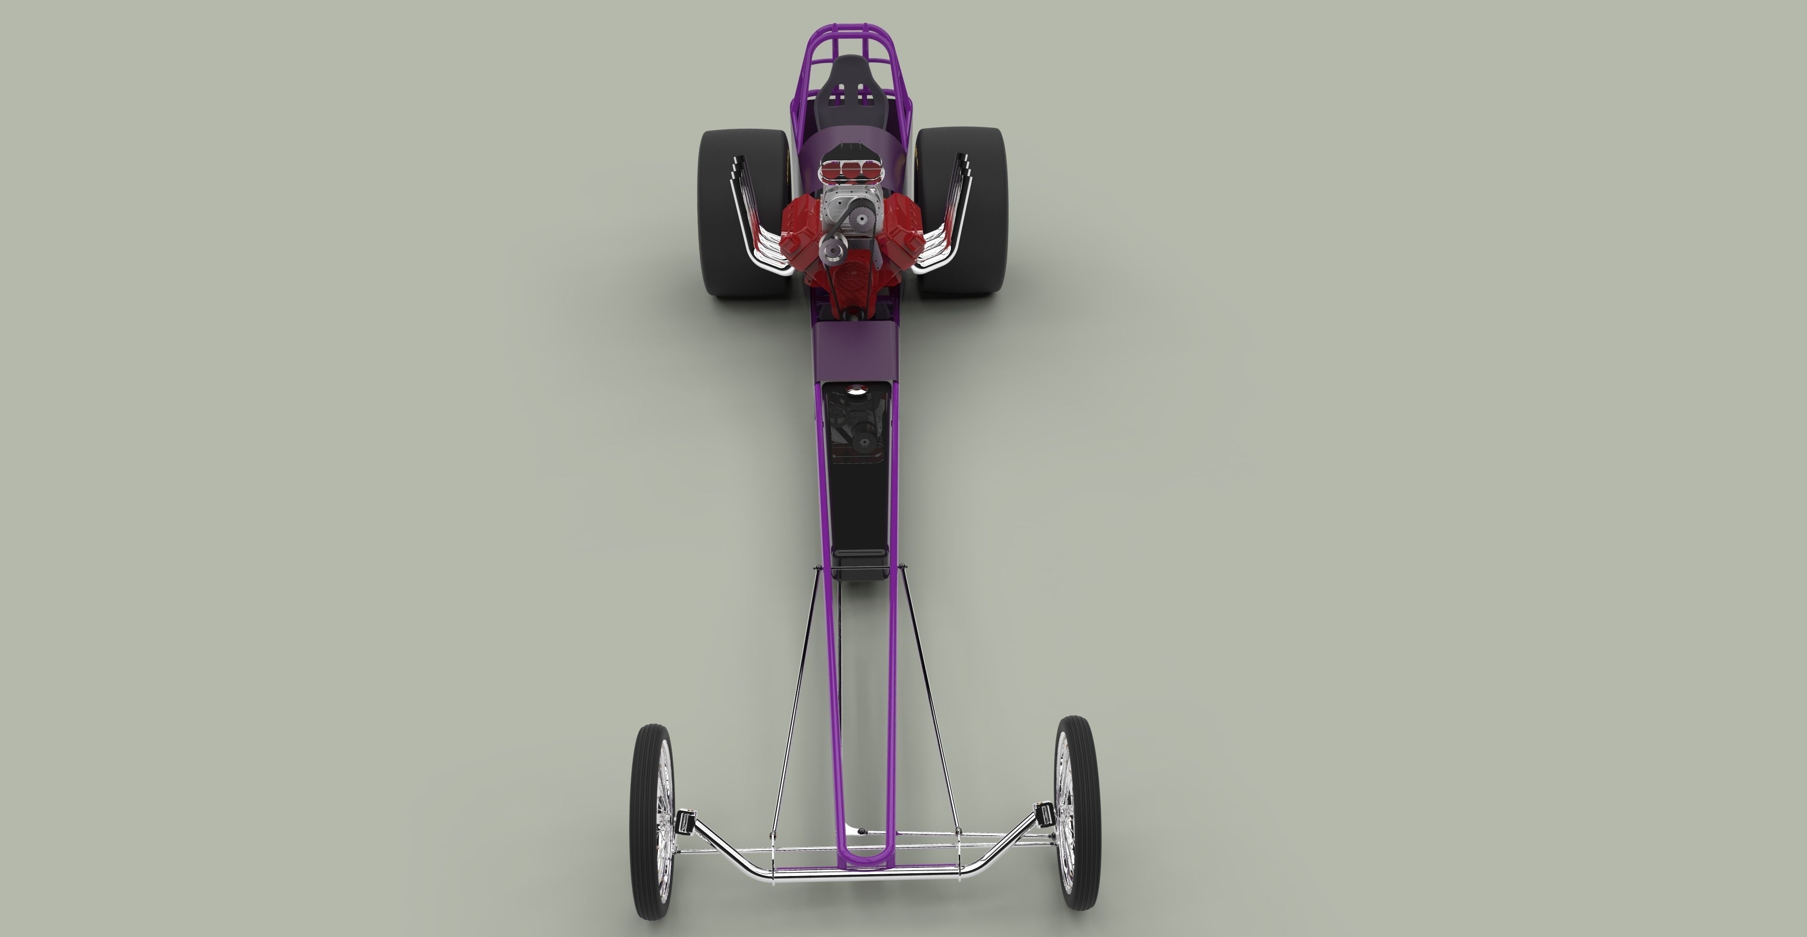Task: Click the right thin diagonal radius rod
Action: (x=929, y=701)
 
